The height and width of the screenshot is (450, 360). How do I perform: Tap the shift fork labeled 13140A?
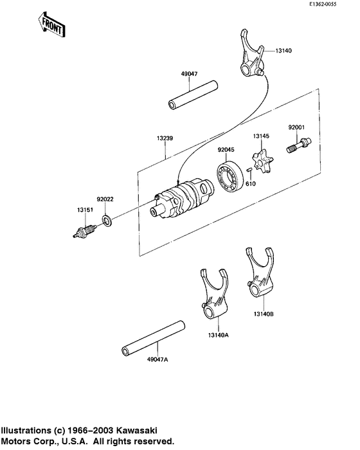(x=212, y=296)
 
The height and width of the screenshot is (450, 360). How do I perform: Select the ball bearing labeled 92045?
(x=229, y=177)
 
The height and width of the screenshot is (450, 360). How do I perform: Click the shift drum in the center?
(x=183, y=199)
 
